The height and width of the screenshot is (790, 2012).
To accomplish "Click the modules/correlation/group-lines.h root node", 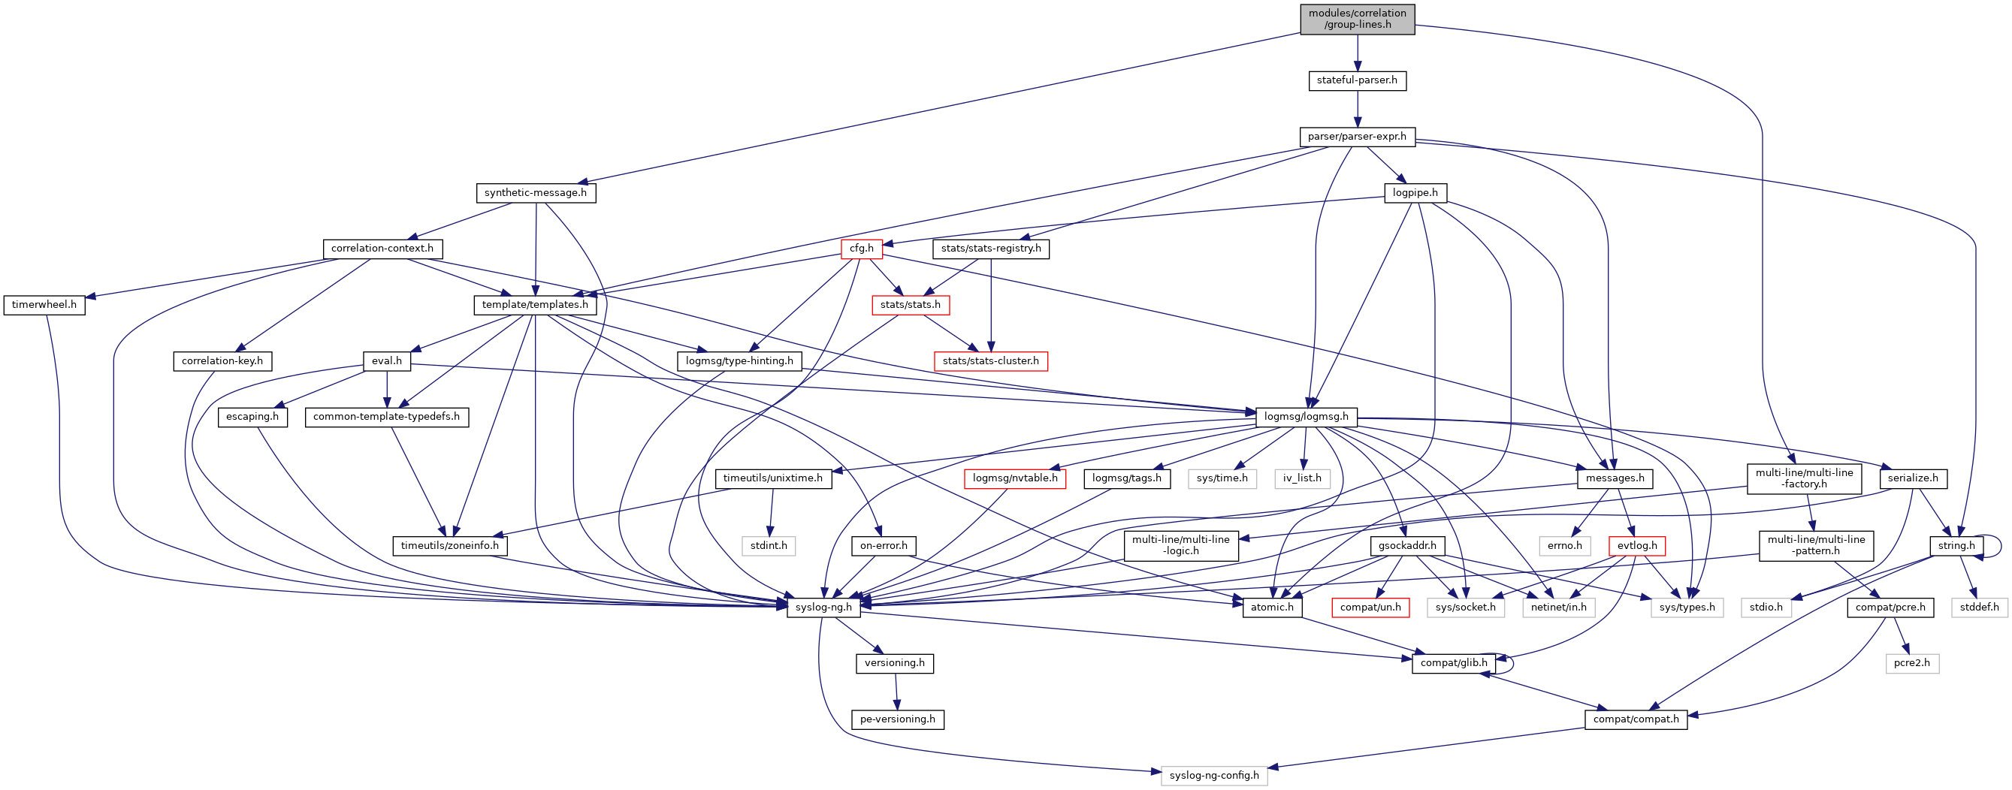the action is pos(1357,19).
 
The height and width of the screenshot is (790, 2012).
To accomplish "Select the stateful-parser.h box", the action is pos(1357,80).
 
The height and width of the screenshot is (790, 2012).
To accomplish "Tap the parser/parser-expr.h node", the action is pos(1357,137).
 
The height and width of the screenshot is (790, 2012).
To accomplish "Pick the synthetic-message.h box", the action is pos(535,193).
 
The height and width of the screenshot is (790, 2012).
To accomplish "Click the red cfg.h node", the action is pos(862,249).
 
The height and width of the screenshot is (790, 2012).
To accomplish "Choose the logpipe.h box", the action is pos(1415,193).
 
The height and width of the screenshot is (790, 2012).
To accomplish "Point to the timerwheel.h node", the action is pos(44,305).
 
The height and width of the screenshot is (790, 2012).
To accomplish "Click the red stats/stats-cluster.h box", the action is pos(990,361).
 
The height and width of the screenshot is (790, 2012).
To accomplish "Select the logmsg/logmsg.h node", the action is pos(1306,417).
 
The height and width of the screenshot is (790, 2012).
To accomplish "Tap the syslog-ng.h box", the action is pos(823,608).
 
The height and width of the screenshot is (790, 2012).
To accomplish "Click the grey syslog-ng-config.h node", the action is pos(1214,776).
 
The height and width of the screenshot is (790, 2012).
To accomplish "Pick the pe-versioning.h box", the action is pos(897,719).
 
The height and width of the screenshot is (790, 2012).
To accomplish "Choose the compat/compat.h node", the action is pos(1636,719).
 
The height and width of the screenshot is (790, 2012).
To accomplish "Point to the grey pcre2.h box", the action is pos(1912,664).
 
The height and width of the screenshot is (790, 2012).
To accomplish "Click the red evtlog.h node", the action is pos(1637,546).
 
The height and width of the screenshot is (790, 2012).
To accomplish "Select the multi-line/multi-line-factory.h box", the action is pos(1804,478).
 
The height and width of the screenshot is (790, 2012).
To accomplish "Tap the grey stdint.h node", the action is pos(769,546).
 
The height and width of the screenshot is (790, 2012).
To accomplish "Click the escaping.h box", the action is pos(252,417).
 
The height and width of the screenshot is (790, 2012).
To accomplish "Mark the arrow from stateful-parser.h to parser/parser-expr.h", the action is pos(1357,108).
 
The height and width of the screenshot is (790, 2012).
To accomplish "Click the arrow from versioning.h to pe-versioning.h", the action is pos(896,692).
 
